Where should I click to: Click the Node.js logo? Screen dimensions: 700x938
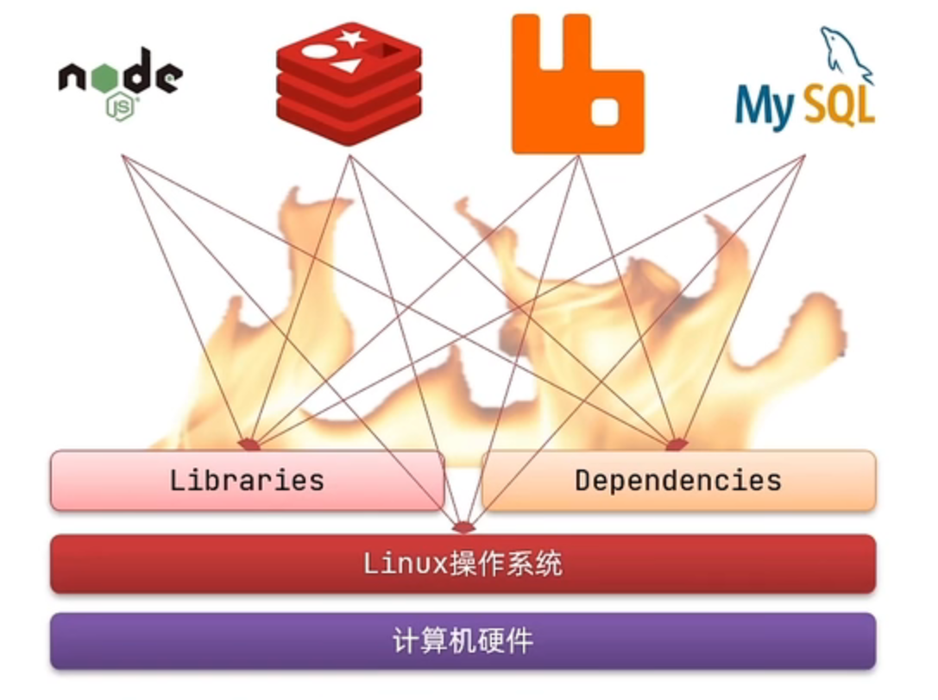pos(121,82)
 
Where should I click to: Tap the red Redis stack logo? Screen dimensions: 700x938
pos(349,85)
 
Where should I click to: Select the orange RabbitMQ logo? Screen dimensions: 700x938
pos(577,84)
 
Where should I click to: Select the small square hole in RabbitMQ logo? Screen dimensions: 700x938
pos(605,110)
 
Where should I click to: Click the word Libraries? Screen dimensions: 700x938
pos(247,480)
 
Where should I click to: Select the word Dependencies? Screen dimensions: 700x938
pos(678,480)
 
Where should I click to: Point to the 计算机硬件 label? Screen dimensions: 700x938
pos(463,641)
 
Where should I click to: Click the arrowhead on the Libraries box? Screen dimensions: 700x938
pos(249,445)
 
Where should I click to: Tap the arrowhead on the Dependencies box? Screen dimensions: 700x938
pos(677,445)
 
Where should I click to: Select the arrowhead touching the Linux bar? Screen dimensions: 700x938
pos(463,527)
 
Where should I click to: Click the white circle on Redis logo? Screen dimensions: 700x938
pos(316,50)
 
